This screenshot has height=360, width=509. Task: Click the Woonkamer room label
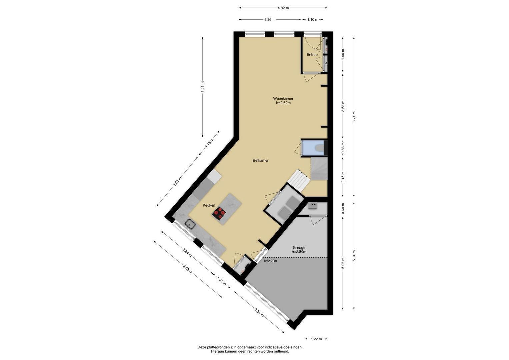click(x=283, y=99)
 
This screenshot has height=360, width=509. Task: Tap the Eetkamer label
click(x=261, y=160)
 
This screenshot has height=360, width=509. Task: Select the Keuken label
click(x=209, y=205)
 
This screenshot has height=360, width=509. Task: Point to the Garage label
click(x=299, y=248)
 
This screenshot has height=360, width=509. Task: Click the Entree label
click(x=312, y=55)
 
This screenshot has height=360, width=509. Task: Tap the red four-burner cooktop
click(x=219, y=213)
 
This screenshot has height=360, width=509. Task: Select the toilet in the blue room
click(x=320, y=148)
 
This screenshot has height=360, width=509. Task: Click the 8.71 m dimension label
click(x=354, y=117)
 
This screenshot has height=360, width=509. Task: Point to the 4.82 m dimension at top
click(x=283, y=8)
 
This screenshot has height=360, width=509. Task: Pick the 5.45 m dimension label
click(x=202, y=87)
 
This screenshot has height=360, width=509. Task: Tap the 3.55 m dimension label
click(x=259, y=312)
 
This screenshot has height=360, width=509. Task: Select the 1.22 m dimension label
click(x=316, y=345)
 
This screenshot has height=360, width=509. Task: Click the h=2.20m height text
click(x=270, y=261)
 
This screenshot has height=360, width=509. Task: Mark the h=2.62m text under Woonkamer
click(x=283, y=103)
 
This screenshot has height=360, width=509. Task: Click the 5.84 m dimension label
click(x=354, y=256)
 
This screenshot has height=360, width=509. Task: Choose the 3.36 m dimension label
click(x=270, y=20)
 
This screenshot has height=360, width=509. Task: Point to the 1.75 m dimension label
click(x=209, y=143)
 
